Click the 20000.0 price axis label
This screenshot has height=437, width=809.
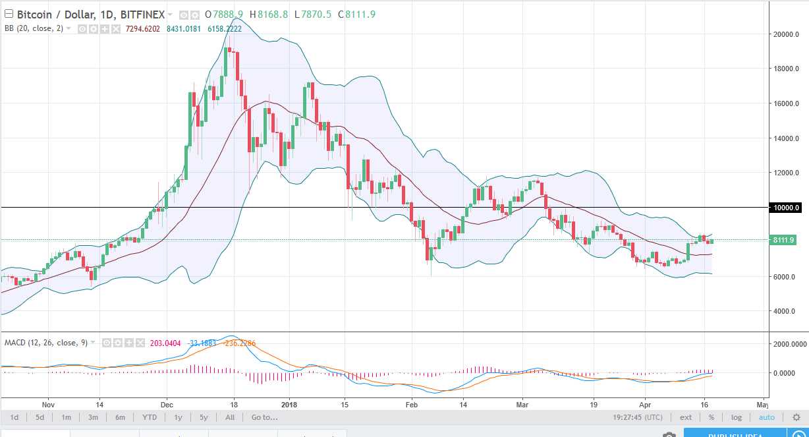pyautogui.click(x=786, y=34)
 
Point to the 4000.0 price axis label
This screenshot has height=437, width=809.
pyautogui.click(x=786, y=311)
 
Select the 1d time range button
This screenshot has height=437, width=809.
pyautogui.click(x=14, y=417)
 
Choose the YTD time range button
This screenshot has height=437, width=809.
pyautogui.click(x=150, y=417)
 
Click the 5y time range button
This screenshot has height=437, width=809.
pyautogui.click(x=204, y=417)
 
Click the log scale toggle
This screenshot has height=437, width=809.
pyautogui.click(x=736, y=417)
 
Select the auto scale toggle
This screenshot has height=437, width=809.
pyautogui.click(x=766, y=417)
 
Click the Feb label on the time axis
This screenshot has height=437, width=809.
pyautogui.click(x=412, y=404)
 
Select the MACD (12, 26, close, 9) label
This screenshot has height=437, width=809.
pyautogui.click(x=45, y=342)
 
